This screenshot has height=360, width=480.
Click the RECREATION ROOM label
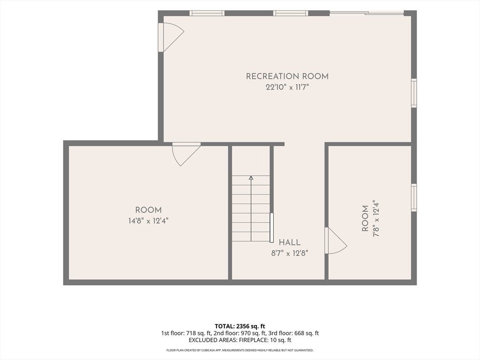(287, 76)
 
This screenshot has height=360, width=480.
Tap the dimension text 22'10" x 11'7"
(287, 87)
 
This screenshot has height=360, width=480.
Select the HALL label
(290, 242)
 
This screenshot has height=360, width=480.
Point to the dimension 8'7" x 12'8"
(290, 253)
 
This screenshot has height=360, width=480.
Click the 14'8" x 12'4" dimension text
(149, 221)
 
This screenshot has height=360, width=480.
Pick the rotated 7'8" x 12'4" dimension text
(376, 218)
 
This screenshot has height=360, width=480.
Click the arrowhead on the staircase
(251, 178)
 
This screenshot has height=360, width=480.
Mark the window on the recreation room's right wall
(414, 93)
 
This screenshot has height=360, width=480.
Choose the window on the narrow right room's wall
(414, 197)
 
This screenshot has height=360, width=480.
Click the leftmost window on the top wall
(207, 13)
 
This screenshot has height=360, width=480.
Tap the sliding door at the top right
(367, 13)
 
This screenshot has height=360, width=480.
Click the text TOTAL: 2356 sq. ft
(240, 326)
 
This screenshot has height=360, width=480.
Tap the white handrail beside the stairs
(271, 228)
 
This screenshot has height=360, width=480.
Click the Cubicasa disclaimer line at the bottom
(240, 350)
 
